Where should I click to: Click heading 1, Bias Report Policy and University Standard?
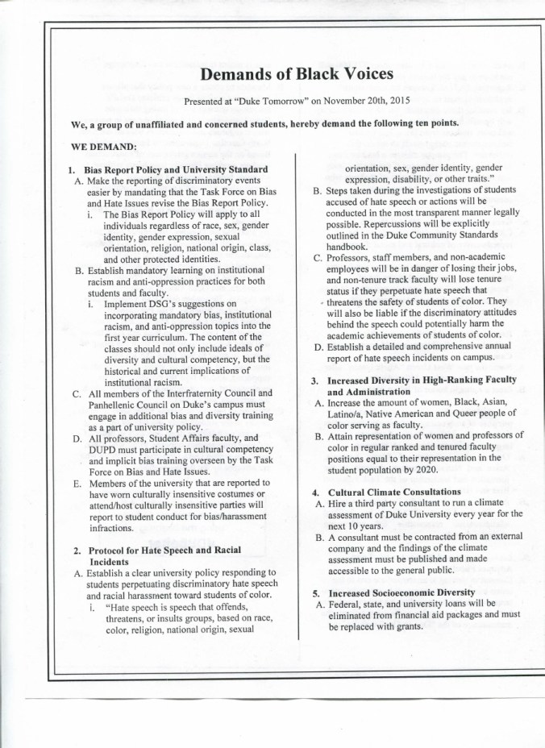tap(171, 168)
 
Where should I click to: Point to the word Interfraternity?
tap(193, 393)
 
